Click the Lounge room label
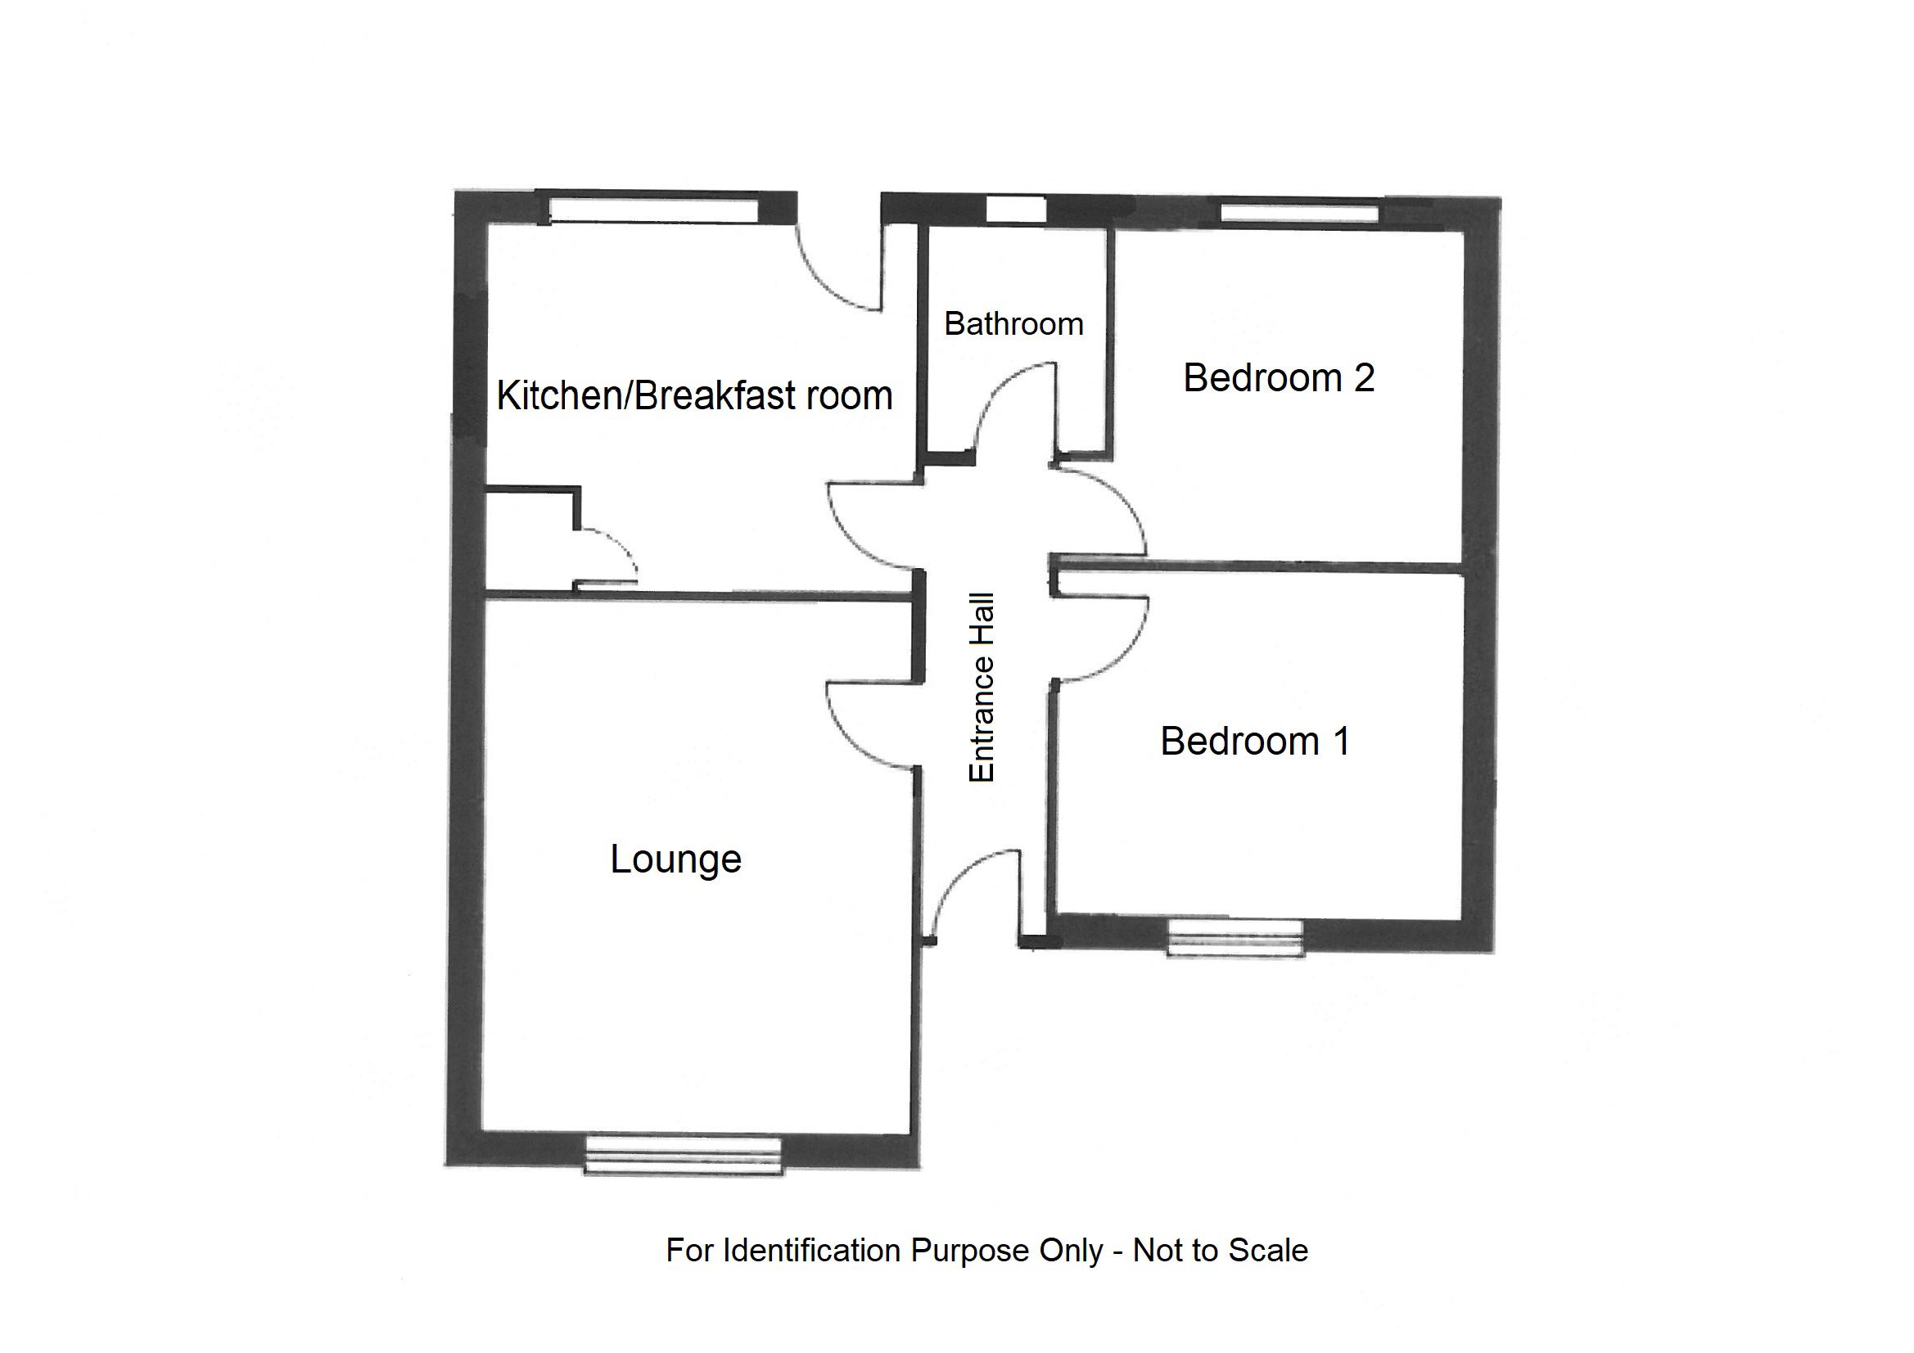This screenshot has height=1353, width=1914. click(675, 859)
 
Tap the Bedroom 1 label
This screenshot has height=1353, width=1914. click(1255, 741)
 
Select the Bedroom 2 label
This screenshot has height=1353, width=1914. click(1278, 377)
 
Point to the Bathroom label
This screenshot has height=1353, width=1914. click(1013, 323)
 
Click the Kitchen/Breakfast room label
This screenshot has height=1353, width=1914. click(694, 395)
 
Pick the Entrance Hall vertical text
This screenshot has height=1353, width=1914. click(982, 688)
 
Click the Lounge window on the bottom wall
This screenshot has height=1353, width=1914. click(683, 1155)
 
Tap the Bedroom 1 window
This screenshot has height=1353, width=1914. click(1235, 937)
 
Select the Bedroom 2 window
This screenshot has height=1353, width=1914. click(1298, 213)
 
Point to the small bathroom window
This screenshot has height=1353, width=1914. click(1015, 210)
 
